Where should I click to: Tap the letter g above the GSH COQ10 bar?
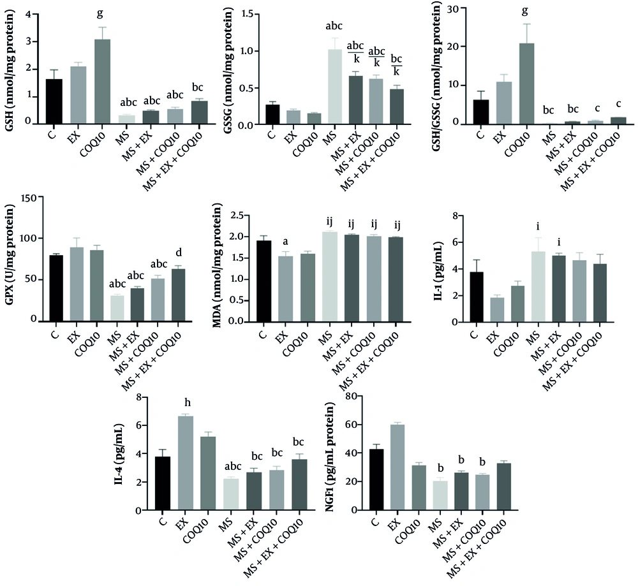click(102, 13)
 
